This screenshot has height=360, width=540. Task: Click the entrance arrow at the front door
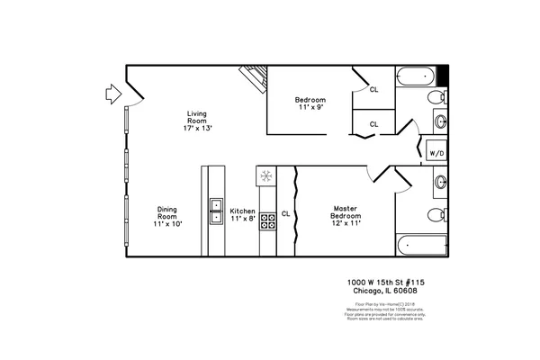coord(110,92)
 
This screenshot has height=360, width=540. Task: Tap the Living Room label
coord(196,121)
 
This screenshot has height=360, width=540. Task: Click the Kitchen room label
coord(242,213)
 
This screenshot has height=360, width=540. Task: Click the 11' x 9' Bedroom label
coord(310,103)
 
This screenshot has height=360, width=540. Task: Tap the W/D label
coord(436,154)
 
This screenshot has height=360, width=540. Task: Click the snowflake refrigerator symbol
coord(266,175)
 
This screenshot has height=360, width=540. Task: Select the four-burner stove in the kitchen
coord(267,220)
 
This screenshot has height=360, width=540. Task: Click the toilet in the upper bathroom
coord(436,97)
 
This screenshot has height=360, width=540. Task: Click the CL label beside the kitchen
coord(285,213)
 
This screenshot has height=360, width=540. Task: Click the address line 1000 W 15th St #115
coord(387,282)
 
